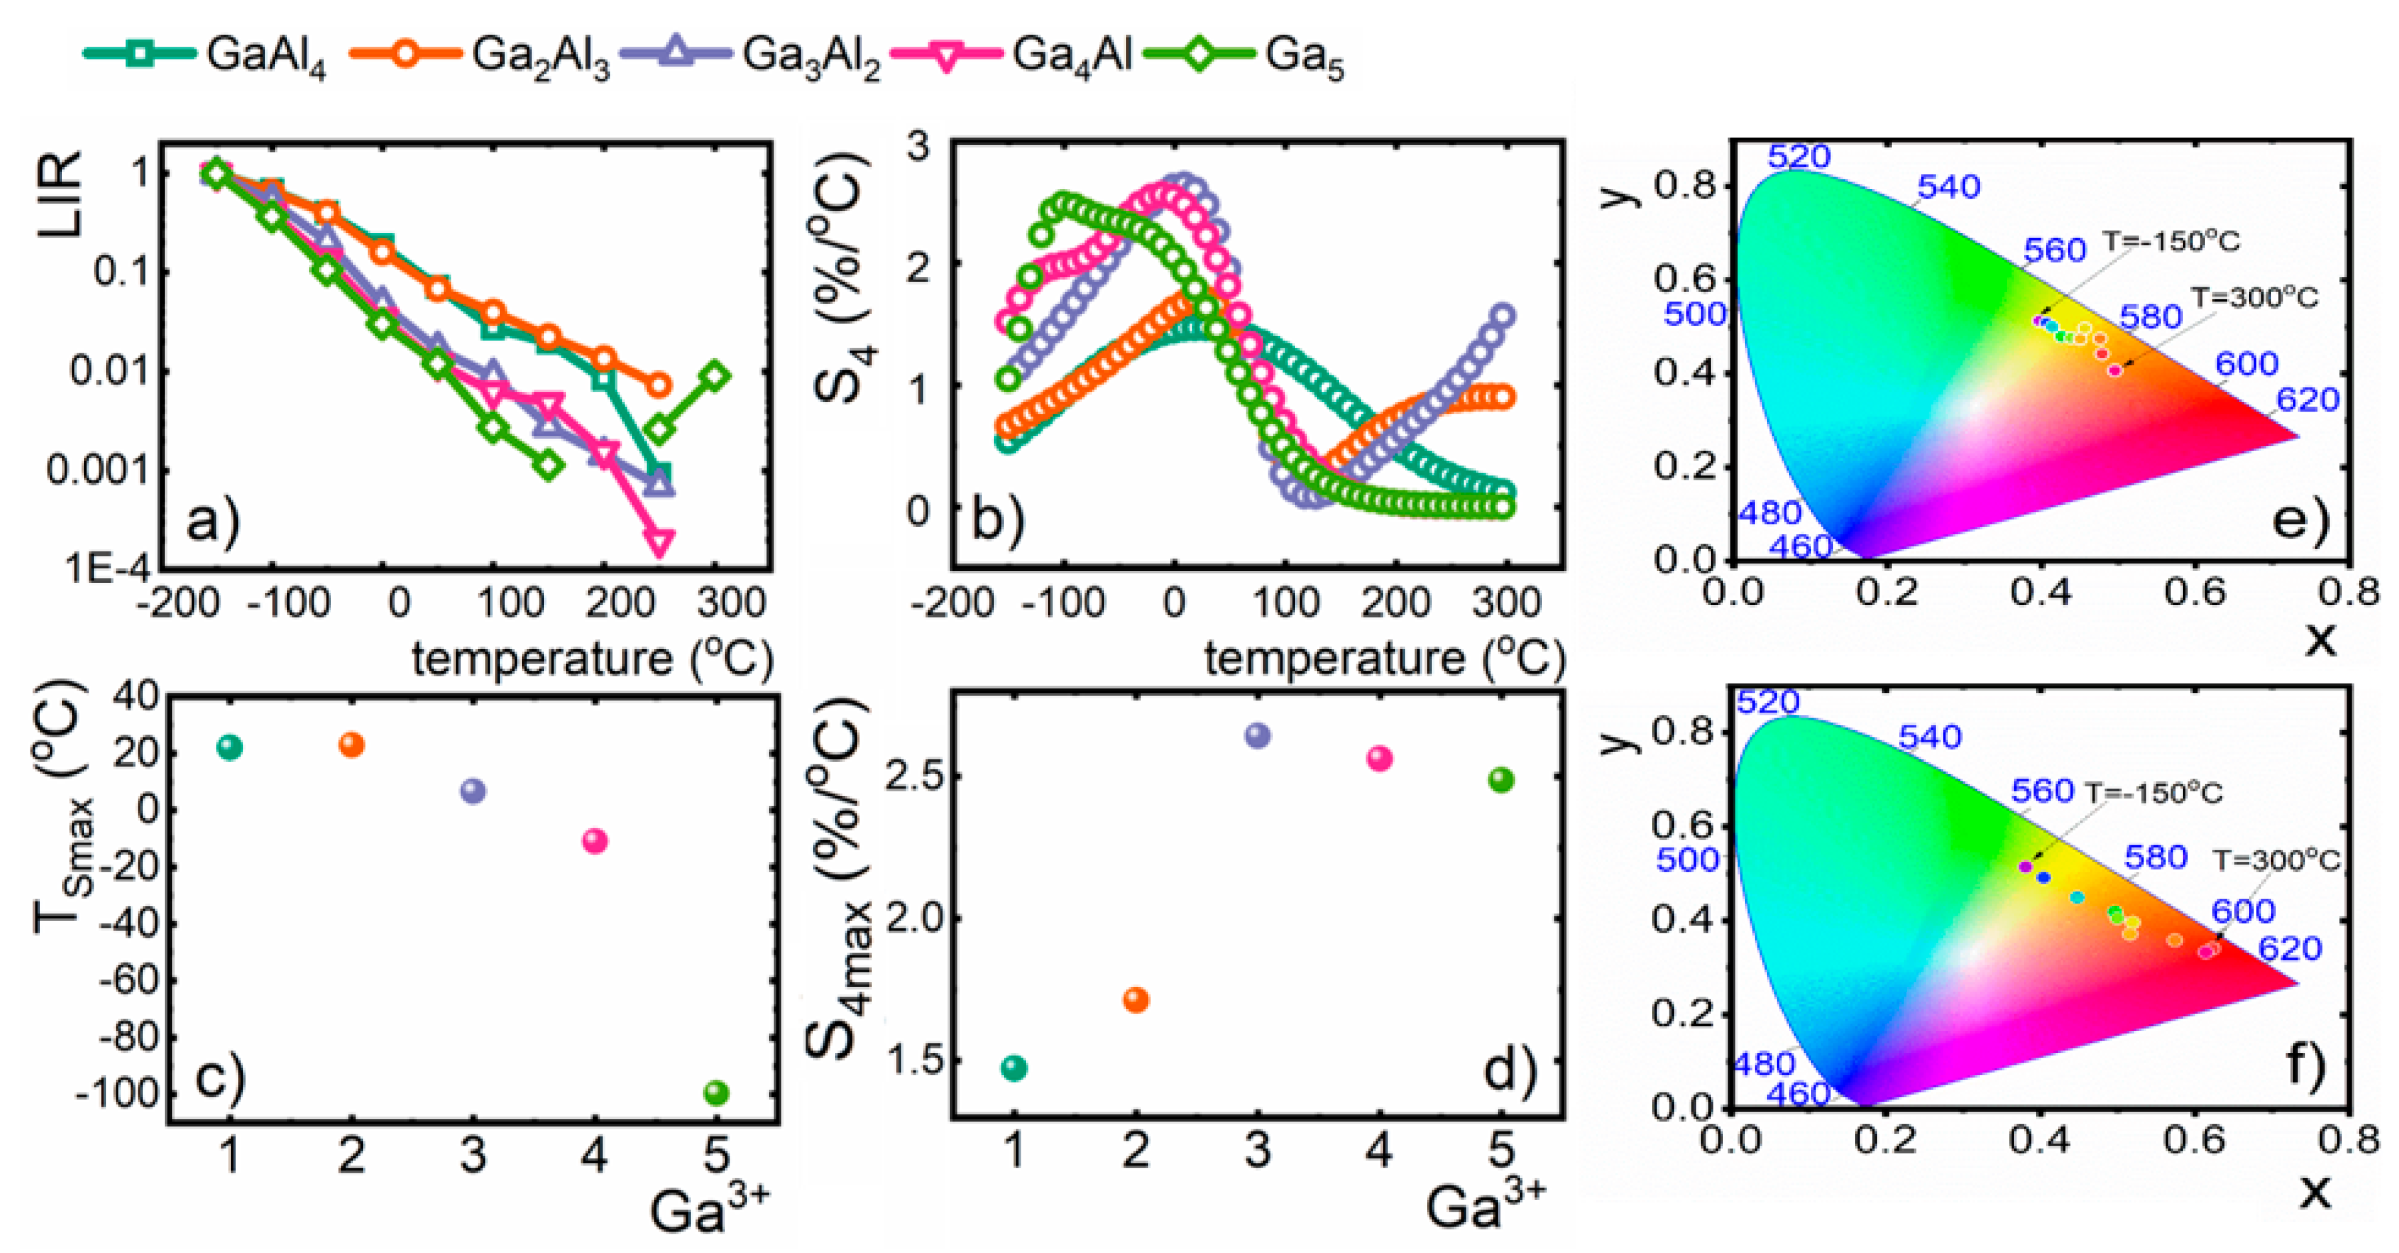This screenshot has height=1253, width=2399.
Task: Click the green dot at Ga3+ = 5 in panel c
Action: point(715,1092)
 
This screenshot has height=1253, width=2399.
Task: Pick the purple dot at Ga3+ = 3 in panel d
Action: point(1257,735)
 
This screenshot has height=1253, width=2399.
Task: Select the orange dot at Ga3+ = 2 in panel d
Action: point(1135,999)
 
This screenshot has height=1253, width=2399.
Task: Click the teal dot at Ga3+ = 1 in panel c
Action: point(229,747)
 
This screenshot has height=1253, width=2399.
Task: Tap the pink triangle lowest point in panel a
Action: point(659,542)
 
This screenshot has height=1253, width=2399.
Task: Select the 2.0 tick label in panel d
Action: point(909,918)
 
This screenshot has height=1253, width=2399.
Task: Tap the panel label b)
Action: point(997,519)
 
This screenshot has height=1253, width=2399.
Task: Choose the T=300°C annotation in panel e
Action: point(2253,298)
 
